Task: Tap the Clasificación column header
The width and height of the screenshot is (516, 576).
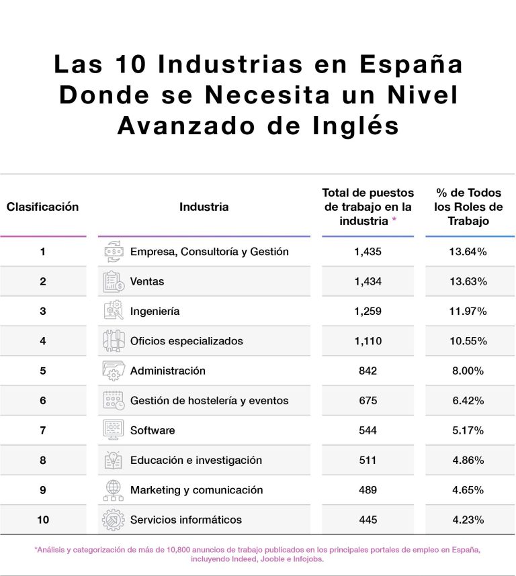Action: pyautogui.click(x=42, y=207)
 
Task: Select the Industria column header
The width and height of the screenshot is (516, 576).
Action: pyautogui.click(x=204, y=207)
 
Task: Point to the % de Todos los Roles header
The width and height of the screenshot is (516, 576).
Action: pyautogui.click(x=469, y=207)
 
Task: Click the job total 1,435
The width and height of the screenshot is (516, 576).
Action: pyautogui.click(x=368, y=252)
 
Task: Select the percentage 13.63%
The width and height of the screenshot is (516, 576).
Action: pyautogui.click(x=468, y=281)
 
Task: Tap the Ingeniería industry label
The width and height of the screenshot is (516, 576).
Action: pyautogui.click(x=155, y=311)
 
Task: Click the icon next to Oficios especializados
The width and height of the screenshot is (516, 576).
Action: pyautogui.click(x=114, y=341)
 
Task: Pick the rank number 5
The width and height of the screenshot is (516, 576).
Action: pyautogui.click(x=42, y=371)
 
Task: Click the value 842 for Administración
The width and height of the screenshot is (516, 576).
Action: pyautogui.click(x=368, y=371)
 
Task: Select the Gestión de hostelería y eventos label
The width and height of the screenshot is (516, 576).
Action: pyautogui.click(x=209, y=401)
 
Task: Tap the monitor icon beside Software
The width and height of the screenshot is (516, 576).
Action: pyautogui.click(x=114, y=430)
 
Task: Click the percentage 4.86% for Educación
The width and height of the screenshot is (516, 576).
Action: pyautogui.click(x=468, y=460)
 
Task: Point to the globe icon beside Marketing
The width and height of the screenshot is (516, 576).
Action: pyautogui.click(x=114, y=490)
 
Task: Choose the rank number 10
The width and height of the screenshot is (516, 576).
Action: pyautogui.click(x=42, y=520)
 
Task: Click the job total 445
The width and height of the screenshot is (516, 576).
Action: pyautogui.click(x=368, y=520)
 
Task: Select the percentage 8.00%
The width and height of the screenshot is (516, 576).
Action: pyautogui.click(x=468, y=371)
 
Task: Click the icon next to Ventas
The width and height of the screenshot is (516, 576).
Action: pyautogui.click(x=114, y=281)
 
